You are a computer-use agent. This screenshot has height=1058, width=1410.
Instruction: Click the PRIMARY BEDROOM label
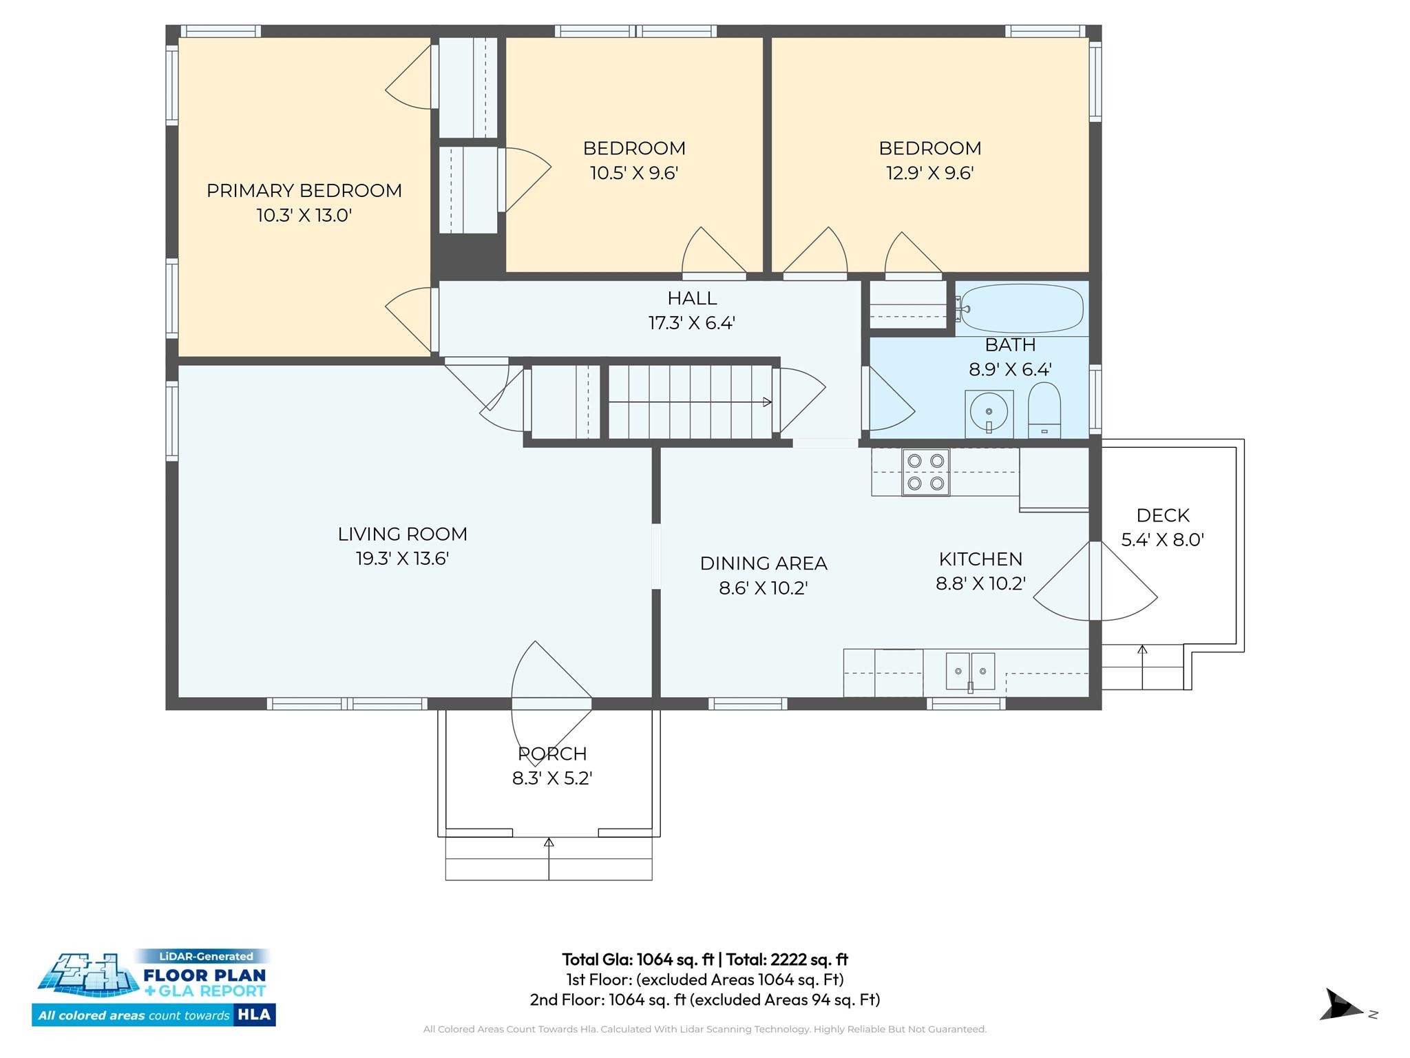pos(304,191)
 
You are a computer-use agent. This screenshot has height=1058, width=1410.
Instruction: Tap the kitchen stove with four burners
pos(925,472)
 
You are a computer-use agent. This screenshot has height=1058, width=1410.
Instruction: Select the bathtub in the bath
pos(1021,308)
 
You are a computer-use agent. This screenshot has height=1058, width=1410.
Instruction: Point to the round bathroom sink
pos(989,413)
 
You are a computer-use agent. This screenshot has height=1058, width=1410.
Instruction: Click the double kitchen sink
pos(970,671)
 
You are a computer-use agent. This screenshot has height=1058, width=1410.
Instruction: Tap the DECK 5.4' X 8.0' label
pos(1162,528)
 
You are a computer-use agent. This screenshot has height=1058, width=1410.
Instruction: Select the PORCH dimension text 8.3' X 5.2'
pos(552,778)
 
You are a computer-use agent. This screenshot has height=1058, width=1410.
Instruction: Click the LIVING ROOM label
pos(402,534)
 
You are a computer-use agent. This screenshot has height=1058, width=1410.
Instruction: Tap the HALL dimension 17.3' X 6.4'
pos(692,323)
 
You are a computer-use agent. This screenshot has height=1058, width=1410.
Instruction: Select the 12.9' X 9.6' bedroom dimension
pos(929,173)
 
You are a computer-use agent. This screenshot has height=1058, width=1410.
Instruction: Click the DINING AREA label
pos(763,563)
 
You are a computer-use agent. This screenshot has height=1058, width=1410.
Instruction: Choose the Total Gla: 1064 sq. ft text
pos(638,960)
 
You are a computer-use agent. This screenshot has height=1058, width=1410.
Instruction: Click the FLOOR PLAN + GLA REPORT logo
pos(154,987)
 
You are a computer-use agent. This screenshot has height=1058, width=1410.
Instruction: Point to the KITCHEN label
pos(980,559)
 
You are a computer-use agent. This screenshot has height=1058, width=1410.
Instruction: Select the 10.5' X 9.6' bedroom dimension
pos(634,173)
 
